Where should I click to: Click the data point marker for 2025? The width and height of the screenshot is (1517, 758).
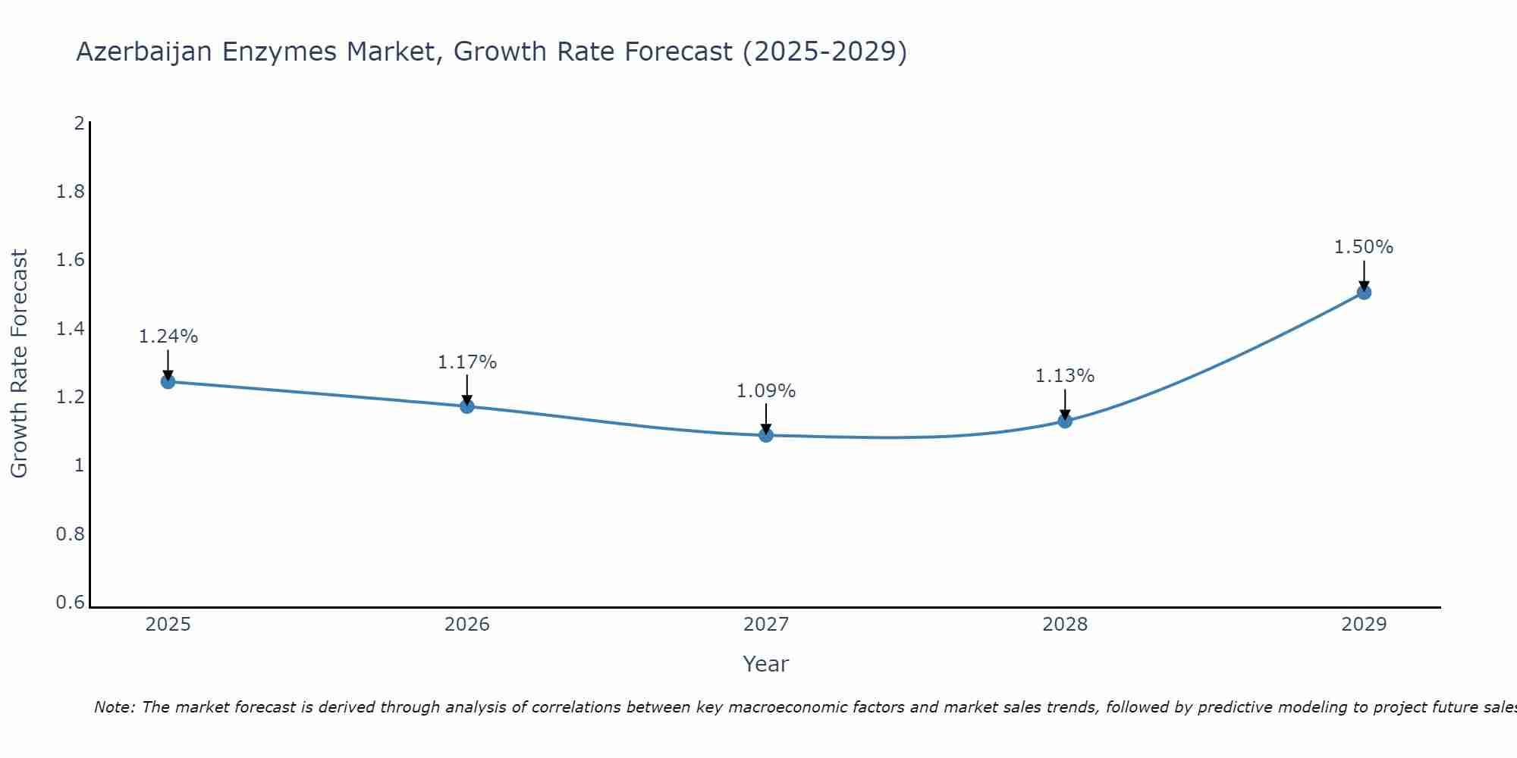168,381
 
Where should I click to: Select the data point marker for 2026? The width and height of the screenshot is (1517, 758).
467,406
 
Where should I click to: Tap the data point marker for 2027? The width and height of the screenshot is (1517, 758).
766,435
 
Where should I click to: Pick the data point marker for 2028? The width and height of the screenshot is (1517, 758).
1065,421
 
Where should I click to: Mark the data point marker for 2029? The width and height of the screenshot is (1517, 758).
1364,293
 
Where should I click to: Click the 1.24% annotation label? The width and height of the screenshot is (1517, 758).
168,337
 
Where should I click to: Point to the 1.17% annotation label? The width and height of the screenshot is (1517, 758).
467,362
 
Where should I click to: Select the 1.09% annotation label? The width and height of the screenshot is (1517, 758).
766,391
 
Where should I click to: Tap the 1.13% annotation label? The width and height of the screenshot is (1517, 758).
1065,376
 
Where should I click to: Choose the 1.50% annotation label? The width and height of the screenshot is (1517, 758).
1364,247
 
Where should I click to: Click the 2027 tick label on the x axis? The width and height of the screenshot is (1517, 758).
766,625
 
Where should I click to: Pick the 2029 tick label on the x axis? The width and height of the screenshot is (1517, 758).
1364,625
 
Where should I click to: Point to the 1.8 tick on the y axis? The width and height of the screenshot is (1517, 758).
71,192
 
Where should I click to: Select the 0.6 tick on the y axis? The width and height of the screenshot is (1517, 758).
71,603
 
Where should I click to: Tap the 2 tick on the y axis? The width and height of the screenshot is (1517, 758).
79,123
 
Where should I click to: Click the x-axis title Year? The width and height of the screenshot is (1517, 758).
766,664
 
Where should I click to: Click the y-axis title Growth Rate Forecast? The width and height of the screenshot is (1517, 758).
19,364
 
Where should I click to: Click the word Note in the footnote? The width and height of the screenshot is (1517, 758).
114,707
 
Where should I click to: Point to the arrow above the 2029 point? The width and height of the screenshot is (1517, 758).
1364,274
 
